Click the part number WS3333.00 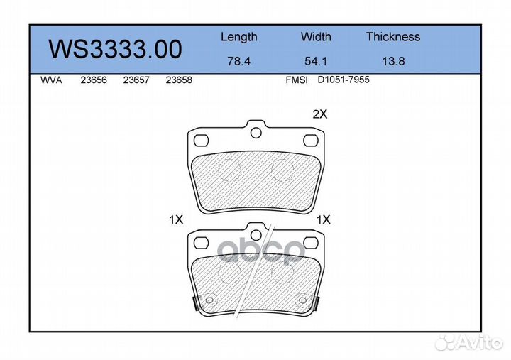pyautogui.click(x=115, y=49)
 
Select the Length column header pyautogui.click(x=239, y=37)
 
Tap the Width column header pyautogui.click(x=316, y=36)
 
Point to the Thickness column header pyautogui.click(x=393, y=36)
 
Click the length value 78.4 pyautogui.click(x=239, y=61)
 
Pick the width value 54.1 pyautogui.click(x=316, y=61)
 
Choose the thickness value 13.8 pyautogui.click(x=393, y=61)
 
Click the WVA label pyautogui.click(x=51, y=80)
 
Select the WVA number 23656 pyautogui.click(x=94, y=80)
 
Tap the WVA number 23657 pyautogui.click(x=136, y=80)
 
